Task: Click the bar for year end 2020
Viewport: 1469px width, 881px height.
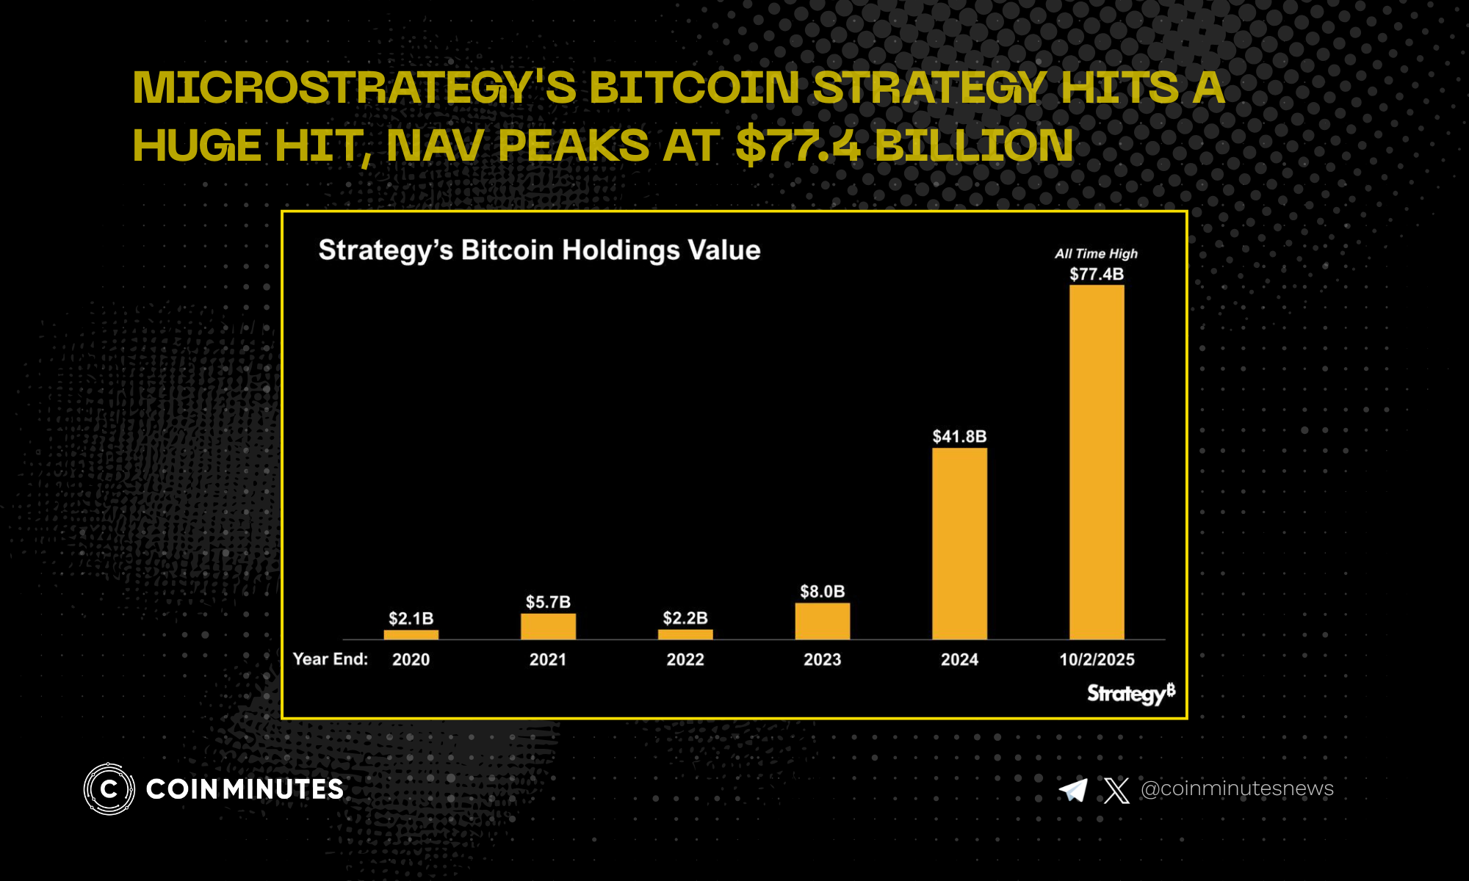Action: click(411, 634)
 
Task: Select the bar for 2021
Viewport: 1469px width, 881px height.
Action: click(548, 626)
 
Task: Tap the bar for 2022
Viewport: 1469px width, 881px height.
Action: click(685, 634)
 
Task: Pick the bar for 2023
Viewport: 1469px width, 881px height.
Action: click(822, 621)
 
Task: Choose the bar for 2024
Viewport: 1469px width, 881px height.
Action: click(959, 543)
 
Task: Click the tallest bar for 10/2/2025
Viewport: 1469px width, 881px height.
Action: click(1097, 463)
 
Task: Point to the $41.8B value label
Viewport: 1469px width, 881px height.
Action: click(959, 437)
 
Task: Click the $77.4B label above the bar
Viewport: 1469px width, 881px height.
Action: click(1097, 275)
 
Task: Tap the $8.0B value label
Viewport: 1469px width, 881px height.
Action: click(822, 592)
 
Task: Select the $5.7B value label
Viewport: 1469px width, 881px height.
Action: click(548, 603)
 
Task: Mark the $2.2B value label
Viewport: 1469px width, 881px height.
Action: click(685, 618)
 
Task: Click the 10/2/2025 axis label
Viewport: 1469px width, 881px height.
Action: click(1097, 659)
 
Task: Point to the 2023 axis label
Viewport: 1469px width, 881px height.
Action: click(822, 659)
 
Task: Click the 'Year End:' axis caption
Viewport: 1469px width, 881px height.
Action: click(331, 659)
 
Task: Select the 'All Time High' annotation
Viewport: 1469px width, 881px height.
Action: click(1096, 254)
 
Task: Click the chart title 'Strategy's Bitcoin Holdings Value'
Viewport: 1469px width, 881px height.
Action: click(539, 250)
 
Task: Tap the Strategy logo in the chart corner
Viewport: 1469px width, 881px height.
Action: click(1130, 693)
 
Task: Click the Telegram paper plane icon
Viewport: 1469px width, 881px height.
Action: click(1073, 790)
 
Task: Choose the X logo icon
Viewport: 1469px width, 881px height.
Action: click(1116, 790)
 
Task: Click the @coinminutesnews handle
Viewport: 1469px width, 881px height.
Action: click(1237, 788)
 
